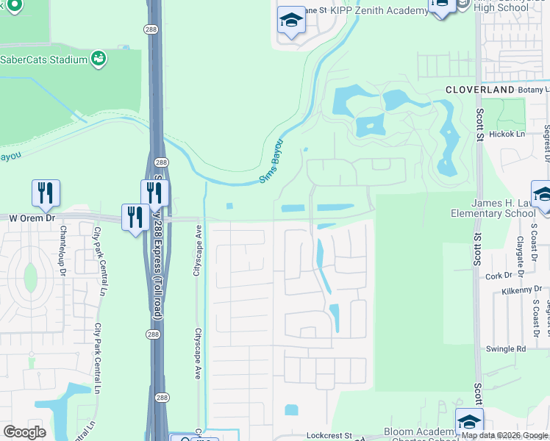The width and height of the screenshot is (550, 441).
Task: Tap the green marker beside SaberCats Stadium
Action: tap(99, 58)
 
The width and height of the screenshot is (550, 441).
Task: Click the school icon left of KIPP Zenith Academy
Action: tap(291, 21)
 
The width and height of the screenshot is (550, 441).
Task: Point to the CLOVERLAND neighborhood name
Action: tap(479, 89)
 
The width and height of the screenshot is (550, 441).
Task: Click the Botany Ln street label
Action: tap(533, 89)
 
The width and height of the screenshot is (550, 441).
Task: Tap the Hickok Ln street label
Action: tap(507, 135)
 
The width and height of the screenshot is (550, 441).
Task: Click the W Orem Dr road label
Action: tap(32, 218)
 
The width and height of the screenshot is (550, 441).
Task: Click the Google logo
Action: tap(24, 431)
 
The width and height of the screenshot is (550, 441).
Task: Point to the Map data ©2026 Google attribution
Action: tap(505, 435)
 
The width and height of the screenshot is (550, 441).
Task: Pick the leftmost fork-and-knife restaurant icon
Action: tap(46, 193)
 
